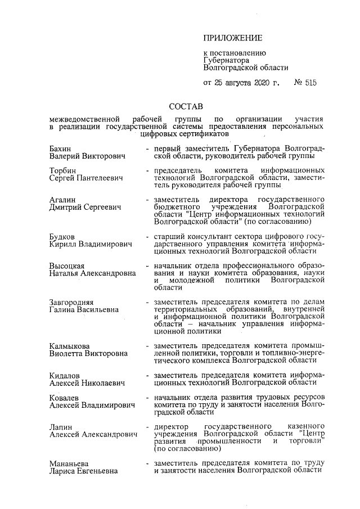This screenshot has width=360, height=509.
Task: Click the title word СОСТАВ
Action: pyautogui.click(x=186, y=106)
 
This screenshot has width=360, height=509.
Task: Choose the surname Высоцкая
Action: pyautogui.click(x=67, y=266)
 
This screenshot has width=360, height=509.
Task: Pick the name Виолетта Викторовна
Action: pyautogui.click(x=88, y=353)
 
